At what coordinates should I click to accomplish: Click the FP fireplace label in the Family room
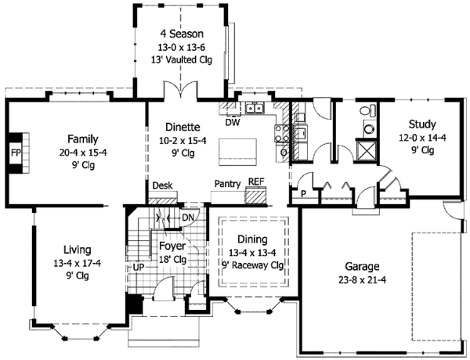pos(16,152)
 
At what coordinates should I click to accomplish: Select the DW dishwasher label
pos(233,122)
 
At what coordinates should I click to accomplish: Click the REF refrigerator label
pos(255,182)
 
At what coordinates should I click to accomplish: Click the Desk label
pos(163,186)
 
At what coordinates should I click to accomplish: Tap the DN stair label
pos(188,218)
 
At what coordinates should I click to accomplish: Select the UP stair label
pos(139,268)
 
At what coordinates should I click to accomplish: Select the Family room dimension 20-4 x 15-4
pos(82,153)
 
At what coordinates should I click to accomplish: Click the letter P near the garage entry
pos(302,193)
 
